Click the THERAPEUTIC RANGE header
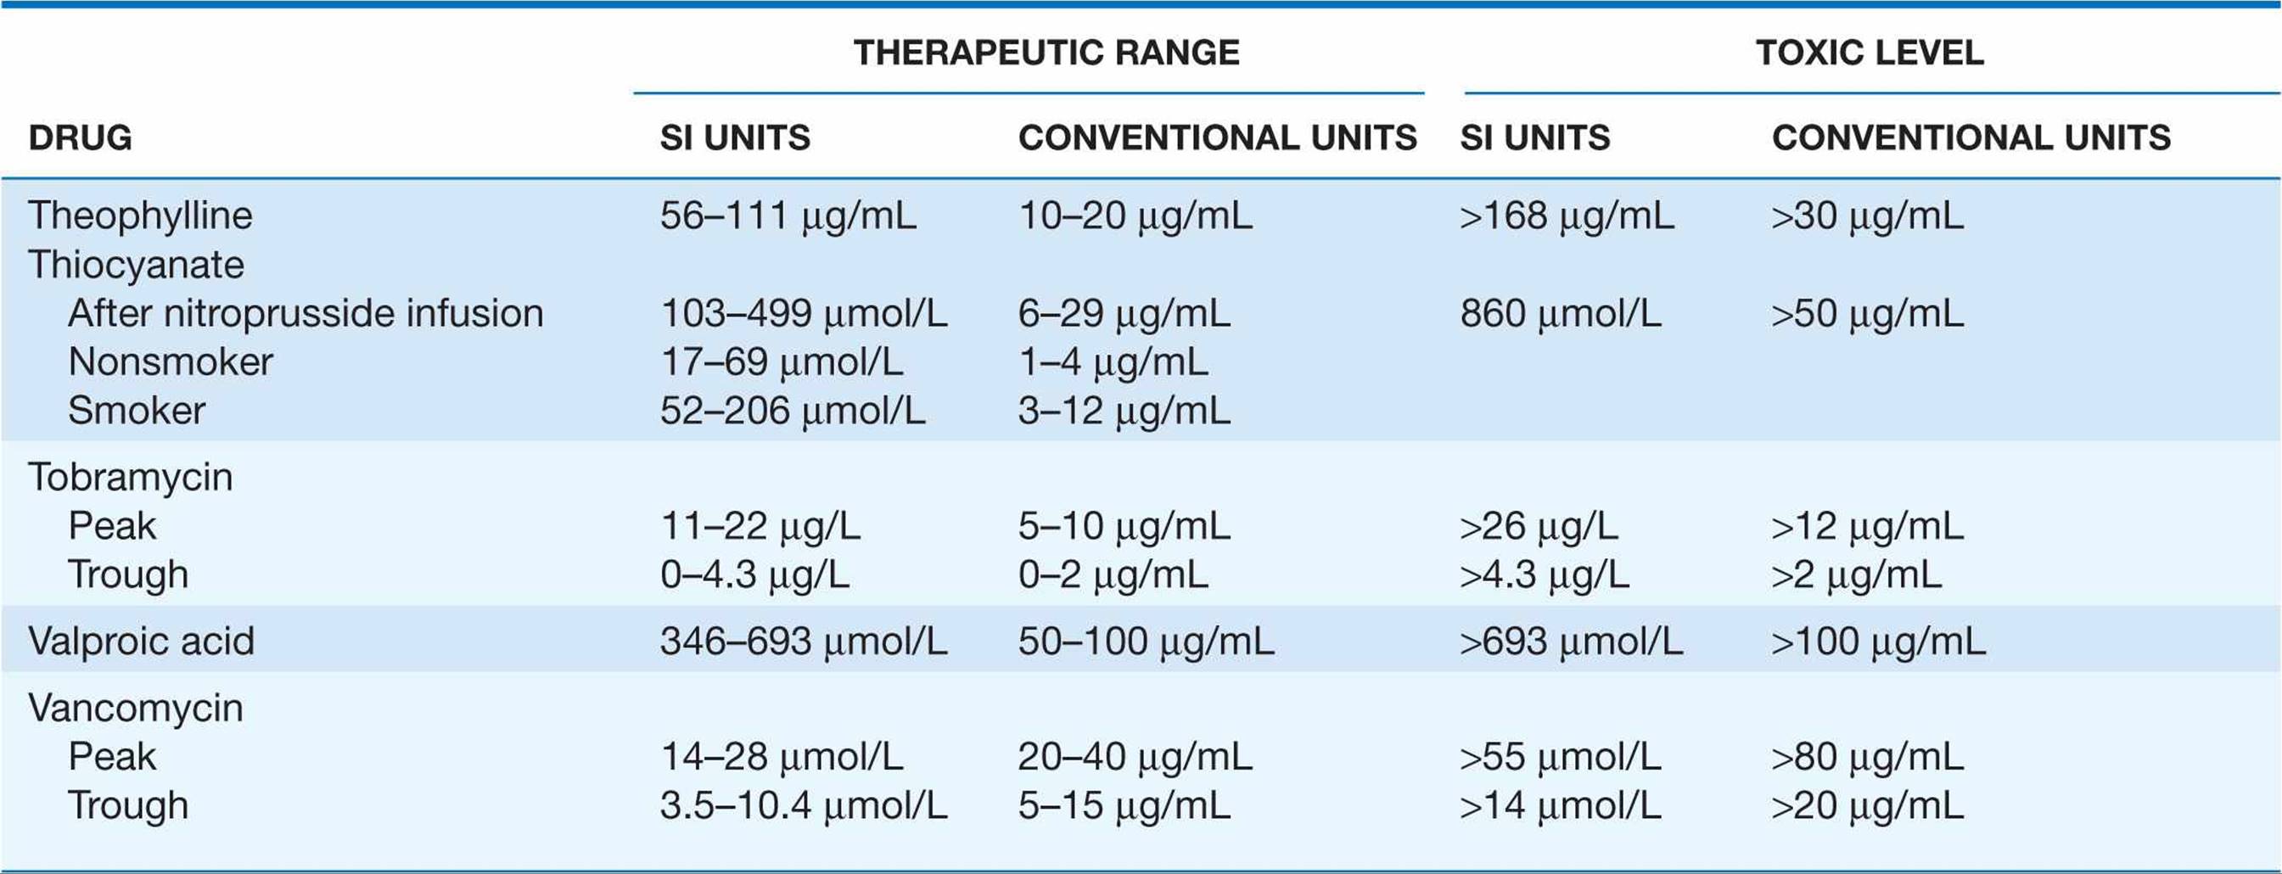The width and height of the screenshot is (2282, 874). click(x=1046, y=53)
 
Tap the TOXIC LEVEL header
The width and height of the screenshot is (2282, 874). click(x=1870, y=53)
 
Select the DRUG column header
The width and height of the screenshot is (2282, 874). click(x=80, y=138)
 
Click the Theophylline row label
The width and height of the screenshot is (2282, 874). click(x=140, y=216)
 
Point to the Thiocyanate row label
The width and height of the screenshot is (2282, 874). click(x=136, y=265)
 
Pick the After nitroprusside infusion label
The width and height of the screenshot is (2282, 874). click(x=306, y=313)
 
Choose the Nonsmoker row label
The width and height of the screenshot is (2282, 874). click(x=170, y=362)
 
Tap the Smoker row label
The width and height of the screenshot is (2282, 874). click(x=137, y=411)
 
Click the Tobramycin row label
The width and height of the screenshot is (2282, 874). click(x=130, y=477)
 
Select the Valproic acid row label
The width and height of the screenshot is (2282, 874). click(x=141, y=641)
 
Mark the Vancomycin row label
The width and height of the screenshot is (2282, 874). click(x=136, y=709)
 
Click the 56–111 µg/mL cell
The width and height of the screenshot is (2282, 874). click(x=788, y=216)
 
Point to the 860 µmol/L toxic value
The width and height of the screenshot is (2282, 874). click(x=1561, y=313)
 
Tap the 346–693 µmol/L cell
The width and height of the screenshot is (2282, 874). click(x=804, y=641)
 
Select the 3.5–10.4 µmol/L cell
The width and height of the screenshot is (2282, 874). click(x=804, y=806)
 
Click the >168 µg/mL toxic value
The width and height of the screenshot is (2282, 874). click(x=1567, y=216)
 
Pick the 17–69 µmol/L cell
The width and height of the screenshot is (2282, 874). click(x=782, y=362)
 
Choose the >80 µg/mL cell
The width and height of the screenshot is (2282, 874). click(x=1867, y=757)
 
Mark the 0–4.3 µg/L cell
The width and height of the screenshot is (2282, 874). click(x=754, y=575)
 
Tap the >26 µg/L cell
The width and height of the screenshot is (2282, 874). click(x=1539, y=527)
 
